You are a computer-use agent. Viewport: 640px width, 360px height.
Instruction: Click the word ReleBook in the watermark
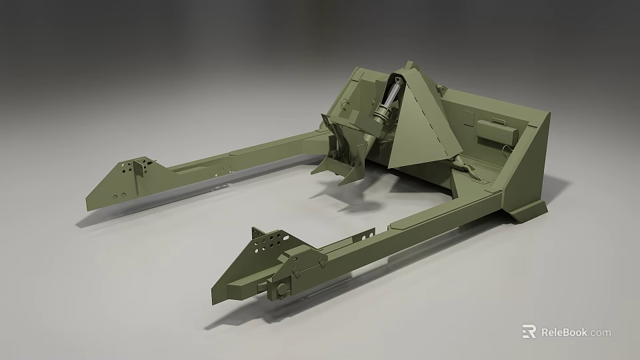click(566, 332)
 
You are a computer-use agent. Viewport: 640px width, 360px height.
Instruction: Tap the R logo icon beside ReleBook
click(529, 332)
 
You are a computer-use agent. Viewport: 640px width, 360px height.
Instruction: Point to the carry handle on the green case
click(497, 120)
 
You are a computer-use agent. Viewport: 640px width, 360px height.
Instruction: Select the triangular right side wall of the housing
click(527, 167)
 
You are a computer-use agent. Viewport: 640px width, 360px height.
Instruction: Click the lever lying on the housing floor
click(470, 170)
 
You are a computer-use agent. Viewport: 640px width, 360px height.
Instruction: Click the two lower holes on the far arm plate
click(119, 196)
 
